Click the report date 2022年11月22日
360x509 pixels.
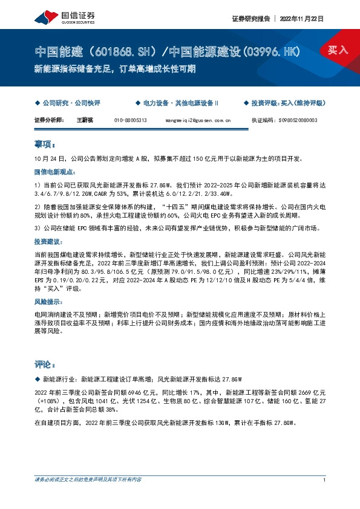[x=303, y=19]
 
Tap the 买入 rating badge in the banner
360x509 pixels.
[x=338, y=50]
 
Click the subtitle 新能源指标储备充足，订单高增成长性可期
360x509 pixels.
[x=114, y=68]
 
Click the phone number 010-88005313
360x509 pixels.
[x=130, y=120]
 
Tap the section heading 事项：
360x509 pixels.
[x=45, y=145]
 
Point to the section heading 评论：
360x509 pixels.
[x=45, y=365]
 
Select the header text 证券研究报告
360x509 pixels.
[x=250, y=19]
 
